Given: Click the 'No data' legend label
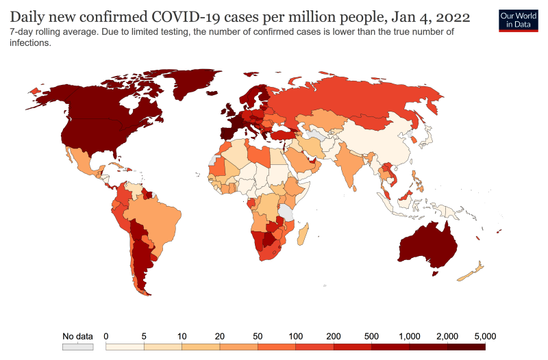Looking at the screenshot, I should point(77,336).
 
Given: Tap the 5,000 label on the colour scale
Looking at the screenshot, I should point(484,336).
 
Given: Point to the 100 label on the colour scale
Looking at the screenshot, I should point(296,336).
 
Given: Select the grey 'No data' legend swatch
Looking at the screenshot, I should point(77,347).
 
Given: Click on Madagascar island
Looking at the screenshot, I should point(307,233).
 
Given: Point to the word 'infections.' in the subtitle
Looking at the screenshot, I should point(31,42).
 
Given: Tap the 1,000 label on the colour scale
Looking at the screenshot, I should point(408,336).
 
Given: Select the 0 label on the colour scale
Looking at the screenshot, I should point(106,336).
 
